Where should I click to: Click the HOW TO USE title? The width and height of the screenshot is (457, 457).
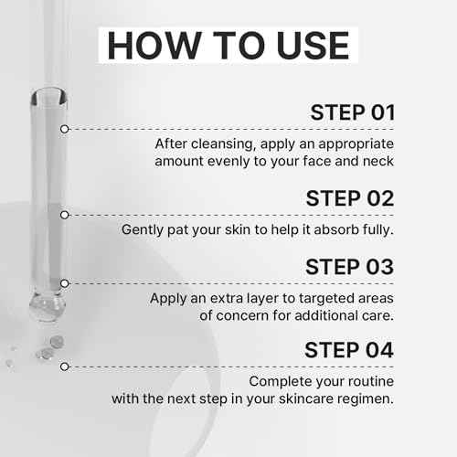tap(227, 46)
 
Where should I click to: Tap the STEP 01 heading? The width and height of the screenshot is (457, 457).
tap(352, 113)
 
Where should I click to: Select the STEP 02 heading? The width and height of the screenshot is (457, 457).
tap(349, 198)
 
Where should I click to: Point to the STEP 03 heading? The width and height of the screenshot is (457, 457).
tap(349, 267)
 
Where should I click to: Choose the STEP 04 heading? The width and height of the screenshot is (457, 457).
tap(349, 350)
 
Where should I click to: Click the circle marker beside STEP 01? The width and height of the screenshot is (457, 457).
tap(64, 129)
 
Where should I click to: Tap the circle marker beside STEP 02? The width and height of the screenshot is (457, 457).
tap(64, 215)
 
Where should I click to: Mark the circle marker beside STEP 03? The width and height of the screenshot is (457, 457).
tap(64, 283)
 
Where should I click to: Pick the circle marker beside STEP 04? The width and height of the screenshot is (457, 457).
tap(64, 367)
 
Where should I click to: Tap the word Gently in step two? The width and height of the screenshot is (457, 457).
tap(144, 230)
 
